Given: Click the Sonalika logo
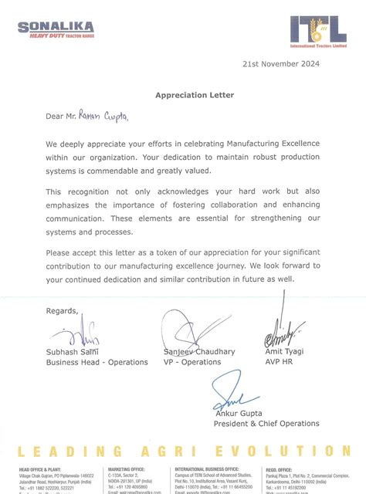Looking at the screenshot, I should click(56, 31).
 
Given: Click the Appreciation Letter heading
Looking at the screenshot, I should click(183, 95).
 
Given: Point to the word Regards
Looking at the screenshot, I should click(62, 311).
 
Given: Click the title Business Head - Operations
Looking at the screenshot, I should click(97, 362).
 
